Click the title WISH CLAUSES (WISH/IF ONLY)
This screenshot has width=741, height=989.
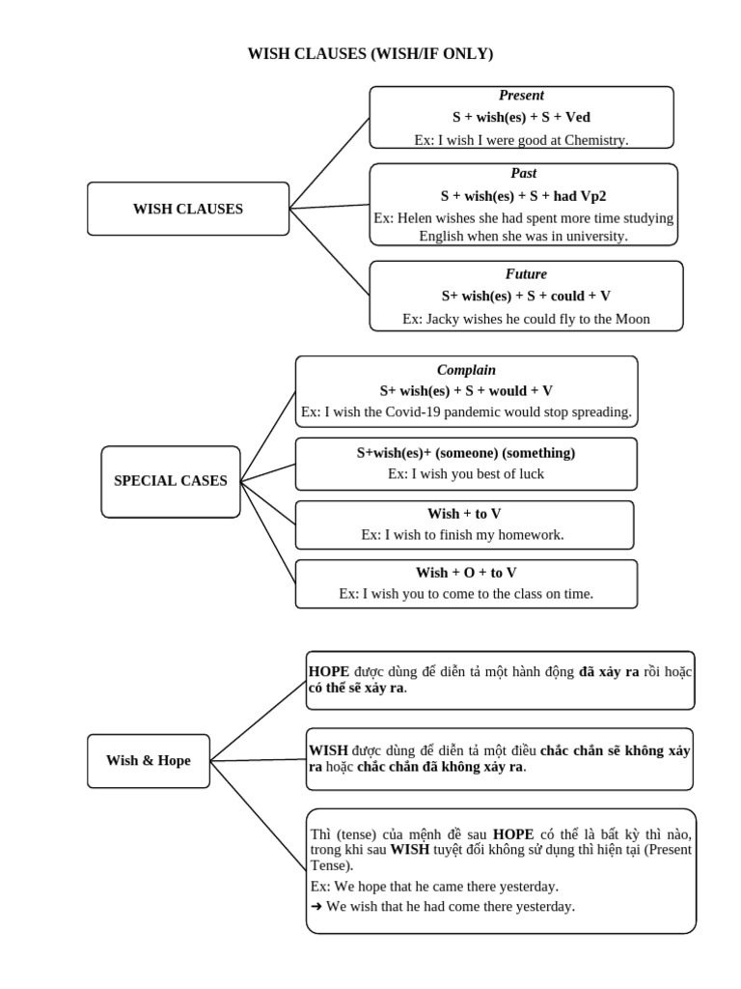[x=370, y=54]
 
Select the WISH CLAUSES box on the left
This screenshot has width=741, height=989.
[x=188, y=209]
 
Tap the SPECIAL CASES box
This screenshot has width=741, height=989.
[x=171, y=481]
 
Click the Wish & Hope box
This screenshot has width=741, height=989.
[x=149, y=761]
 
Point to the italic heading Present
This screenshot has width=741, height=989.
[x=521, y=96]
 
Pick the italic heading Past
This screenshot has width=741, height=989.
[x=523, y=174]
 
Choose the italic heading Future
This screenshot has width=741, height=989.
[x=526, y=274]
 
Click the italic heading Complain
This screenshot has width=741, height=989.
[x=466, y=370]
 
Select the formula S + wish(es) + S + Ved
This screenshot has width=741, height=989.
[x=521, y=118]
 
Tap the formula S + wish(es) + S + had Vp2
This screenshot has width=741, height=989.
[x=524, y=196]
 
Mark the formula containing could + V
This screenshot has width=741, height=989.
[x=526, y=297]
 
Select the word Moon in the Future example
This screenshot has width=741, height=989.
[x=632, y=319]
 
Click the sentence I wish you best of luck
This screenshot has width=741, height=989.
[x=466, y=474]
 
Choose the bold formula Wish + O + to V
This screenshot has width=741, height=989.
[x=466, y=573]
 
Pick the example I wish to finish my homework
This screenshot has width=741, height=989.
[x=462, y=534]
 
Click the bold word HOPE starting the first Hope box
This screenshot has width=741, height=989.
[x=329, y=671]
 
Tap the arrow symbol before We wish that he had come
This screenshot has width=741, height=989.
[x=316, y=907]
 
